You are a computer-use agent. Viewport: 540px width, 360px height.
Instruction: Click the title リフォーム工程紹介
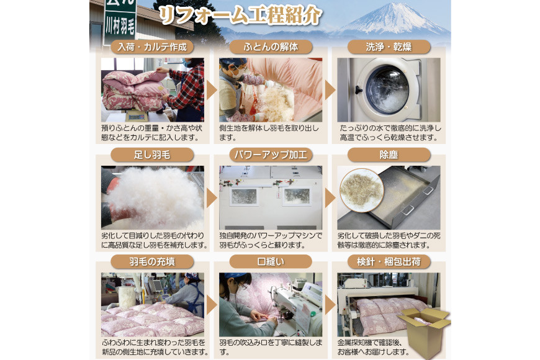pyautogui.click(x=240, y=16)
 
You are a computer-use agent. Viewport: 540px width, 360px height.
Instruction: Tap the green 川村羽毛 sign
pyautogui.click(x=120, y=21)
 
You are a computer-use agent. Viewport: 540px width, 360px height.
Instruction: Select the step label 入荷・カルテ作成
pyautogui.click(x=152, y=47)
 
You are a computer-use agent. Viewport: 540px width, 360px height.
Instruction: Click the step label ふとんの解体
pyautogui.click(x=271, y=47)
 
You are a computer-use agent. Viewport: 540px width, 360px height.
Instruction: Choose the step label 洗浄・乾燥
pyautogui.click(x=389, y=47)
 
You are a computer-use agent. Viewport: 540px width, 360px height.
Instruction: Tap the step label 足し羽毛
pyautogui.click(x=152, y=155)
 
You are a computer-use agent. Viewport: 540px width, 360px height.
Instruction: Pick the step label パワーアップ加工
pyautogui.click(x=271, y=155)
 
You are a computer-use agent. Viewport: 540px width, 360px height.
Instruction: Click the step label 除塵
pyautogui.click(x=389, y=155)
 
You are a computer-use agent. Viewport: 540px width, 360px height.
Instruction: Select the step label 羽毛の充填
pyautogui.click(x=152, y=262)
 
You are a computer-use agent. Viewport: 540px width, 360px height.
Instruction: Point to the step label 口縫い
pyautogui.click(x=271, y=262)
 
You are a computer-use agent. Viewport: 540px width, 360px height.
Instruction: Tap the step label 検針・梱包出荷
pyautogui.click(x=389, y=262)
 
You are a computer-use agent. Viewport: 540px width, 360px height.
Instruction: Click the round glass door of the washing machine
pyautogui.click(x=387, y=89)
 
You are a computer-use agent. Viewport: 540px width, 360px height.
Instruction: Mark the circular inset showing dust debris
pyautogui.click(x=362, y=190)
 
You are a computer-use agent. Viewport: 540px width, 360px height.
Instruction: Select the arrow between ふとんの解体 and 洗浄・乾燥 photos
pyautogui.click(x=330, y=90)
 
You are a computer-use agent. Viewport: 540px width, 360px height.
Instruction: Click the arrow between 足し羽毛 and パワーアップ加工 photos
pyautogui.click(x=212, y=198)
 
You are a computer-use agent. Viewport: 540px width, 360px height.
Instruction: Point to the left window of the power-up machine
pyautogui.click(x=244, y=197)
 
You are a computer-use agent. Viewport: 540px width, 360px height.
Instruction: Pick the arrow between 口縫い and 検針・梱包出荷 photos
pyautogui.click(x=330, y=305)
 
